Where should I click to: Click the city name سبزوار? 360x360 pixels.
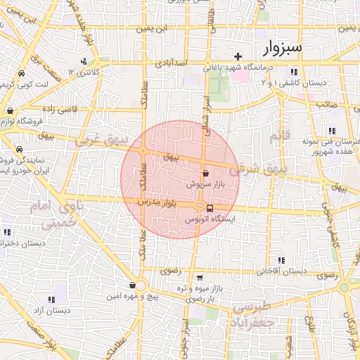283,48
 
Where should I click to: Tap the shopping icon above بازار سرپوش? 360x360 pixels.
205,173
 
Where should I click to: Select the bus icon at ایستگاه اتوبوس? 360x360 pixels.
210,207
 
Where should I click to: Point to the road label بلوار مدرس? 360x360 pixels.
155,202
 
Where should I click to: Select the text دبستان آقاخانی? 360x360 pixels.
282,271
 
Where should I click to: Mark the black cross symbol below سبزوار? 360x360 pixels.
238,57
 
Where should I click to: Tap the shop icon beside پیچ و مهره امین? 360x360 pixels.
132,285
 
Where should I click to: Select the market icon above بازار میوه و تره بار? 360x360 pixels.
200,278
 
